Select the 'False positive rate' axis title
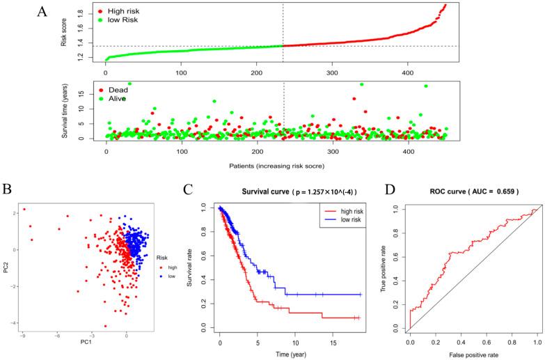tap(473, 354)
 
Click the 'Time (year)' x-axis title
tap(291, 354)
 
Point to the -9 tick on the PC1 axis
tap(23, 335)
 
